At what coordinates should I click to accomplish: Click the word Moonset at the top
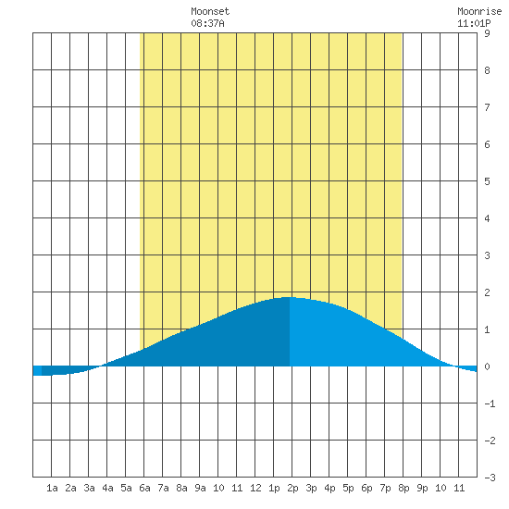click(210, 11)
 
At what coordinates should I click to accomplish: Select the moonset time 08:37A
click(207, 23)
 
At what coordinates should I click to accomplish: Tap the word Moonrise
click(479, 11)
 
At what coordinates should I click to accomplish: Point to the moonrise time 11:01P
click(474, 23)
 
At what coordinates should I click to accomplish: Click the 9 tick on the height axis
click(487, 33)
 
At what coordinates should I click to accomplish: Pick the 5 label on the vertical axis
click(487, 181)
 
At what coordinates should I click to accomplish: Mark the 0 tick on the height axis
click(487, 366)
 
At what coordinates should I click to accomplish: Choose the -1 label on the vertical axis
click(490, 403)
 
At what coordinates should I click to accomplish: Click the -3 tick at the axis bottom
click(490, 478)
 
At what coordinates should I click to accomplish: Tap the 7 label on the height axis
click(487, 107)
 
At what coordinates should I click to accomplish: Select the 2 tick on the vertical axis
click(487, 292)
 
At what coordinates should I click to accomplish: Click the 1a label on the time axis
click(52, 488)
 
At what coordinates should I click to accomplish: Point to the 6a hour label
click(144, 488)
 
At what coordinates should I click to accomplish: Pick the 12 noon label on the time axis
click(255, 488)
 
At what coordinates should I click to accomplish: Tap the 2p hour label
click(292, 488)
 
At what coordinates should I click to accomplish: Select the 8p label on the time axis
click(403, 488)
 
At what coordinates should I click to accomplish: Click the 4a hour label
click(107, 488)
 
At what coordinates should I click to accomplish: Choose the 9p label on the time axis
click(422, 488)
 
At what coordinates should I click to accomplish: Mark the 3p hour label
click(311, 488)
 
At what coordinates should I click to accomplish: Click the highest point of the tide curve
click(290, 297)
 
